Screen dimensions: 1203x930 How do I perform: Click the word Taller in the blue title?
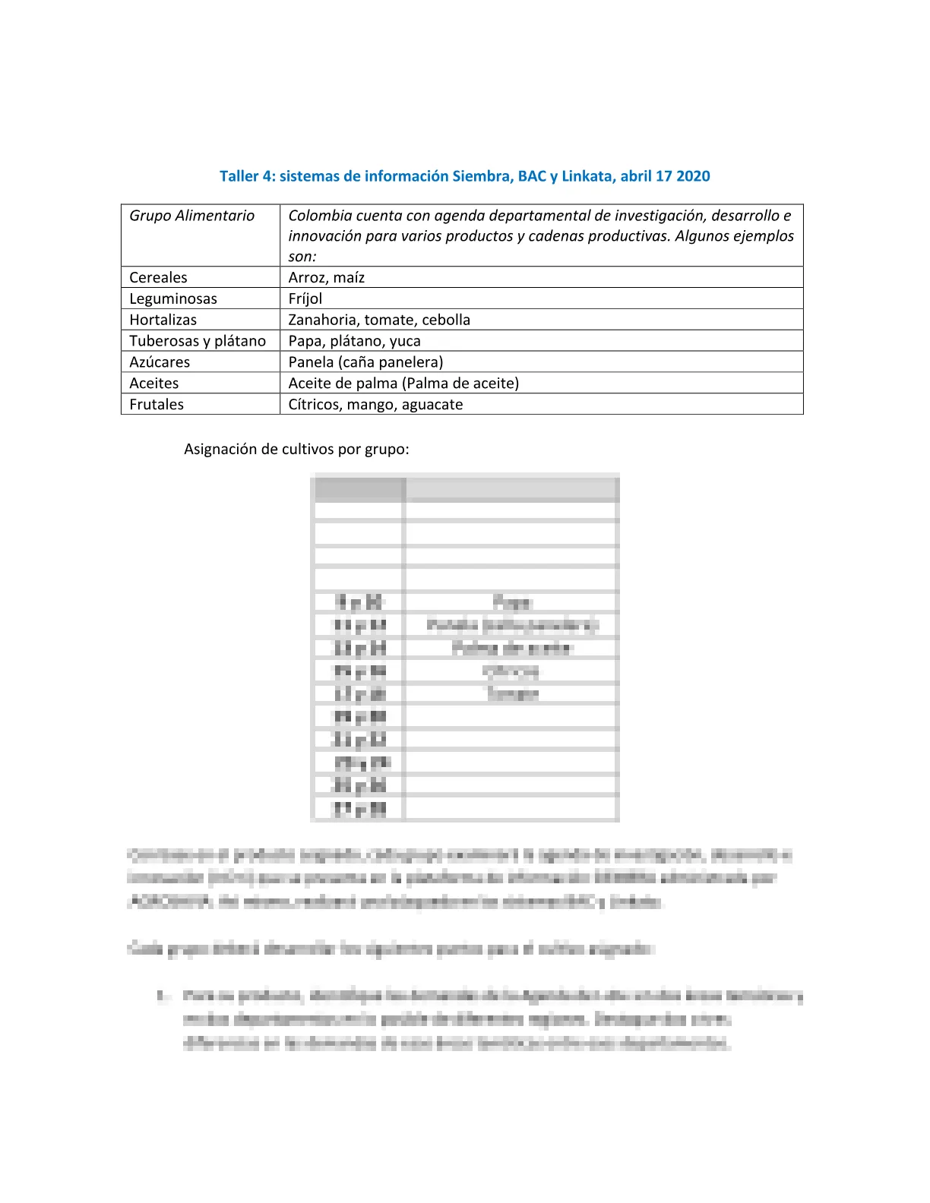239,176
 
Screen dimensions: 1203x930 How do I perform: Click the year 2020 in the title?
693,176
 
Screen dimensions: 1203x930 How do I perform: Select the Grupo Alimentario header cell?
191,216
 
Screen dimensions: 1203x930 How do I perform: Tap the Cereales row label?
158,277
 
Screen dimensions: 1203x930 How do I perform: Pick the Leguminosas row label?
173,298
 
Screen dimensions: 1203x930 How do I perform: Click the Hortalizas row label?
163,320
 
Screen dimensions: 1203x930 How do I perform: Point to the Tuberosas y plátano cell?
198,341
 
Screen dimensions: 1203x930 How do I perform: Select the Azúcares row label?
160,362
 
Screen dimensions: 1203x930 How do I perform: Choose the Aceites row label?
154,384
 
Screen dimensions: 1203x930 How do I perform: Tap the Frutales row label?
157,405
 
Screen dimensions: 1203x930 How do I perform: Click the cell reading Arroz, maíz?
327,277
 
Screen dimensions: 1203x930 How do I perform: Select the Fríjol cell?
305,298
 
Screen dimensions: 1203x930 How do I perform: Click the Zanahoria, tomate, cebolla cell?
379,320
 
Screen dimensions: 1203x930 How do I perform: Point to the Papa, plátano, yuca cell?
354,341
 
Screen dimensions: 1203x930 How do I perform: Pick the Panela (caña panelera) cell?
365,362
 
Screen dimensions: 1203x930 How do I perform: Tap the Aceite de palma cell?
403,384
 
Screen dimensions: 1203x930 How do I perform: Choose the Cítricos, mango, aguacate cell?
375,405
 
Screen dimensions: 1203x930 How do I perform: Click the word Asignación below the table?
220,449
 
